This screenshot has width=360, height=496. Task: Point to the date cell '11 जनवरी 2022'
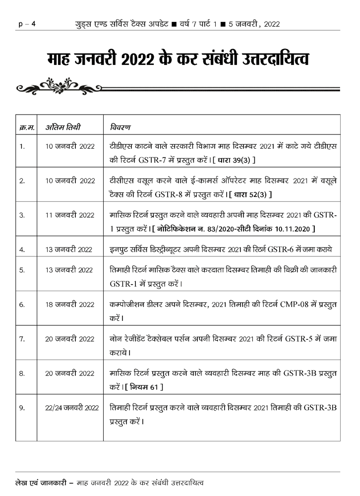(x=69, y=215)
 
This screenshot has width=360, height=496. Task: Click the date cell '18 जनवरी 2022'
(x=69, y=304)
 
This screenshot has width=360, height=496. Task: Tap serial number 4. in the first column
(x=22, y=249)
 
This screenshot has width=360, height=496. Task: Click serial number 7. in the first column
(x=22, y=339)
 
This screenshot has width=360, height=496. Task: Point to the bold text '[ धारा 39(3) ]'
(x=234, y=160)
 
